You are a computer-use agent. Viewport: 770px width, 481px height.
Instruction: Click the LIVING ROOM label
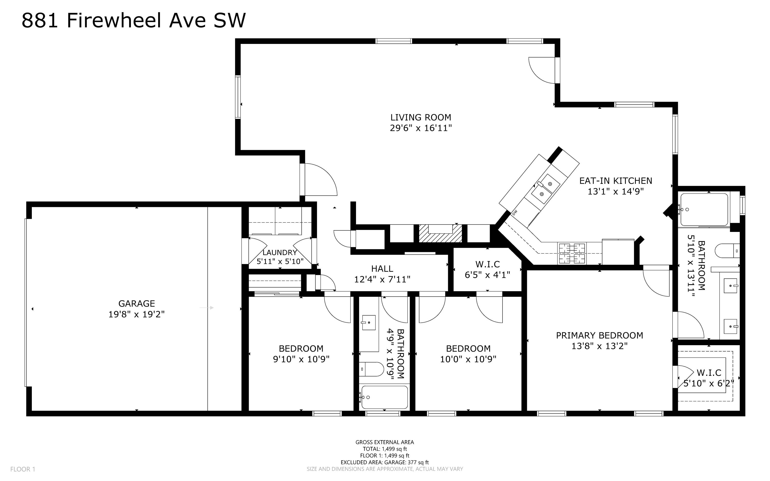[x=421, y=117]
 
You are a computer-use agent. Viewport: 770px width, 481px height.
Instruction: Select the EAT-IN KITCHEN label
[x=615, y=181]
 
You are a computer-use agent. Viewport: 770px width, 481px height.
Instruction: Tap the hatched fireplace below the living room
[x=440, y=234]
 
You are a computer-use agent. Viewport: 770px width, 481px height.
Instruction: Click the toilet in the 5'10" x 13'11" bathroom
[x=727, y=251]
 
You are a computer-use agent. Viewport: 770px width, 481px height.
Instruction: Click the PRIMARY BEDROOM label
[x=599, y=335]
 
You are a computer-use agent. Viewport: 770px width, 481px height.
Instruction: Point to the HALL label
[x=382, y=269]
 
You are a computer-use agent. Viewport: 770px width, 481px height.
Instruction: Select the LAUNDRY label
[x=280, y=253]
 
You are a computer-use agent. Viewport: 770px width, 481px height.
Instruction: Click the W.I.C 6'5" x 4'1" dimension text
[x=487, y=275]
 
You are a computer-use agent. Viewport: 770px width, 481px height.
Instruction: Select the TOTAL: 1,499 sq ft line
[x=385, y=449]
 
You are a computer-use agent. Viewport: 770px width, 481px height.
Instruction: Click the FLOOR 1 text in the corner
[x=23, y=469]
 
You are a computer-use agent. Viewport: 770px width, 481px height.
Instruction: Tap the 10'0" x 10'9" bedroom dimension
[x=468, y=359]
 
